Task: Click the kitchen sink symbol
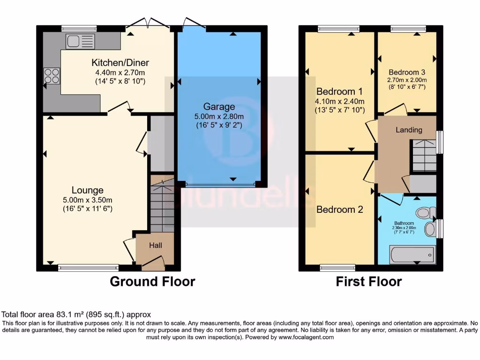(x=80, y=41)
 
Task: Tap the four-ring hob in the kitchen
(x=52, y=76)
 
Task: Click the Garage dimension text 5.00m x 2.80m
(x=219, y=117)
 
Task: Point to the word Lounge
(x=87, y=190)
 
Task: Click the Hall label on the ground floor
(x=156, y=245)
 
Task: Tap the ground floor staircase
(x=162, y=203)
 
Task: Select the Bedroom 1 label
(x=339, y=91)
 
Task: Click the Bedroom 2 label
(x=339, y=210)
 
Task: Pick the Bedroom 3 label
(x=406, y=72)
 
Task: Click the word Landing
(x=409, y=130)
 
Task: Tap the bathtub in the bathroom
(x=412, y=255)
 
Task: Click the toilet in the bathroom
(x=425, y=213)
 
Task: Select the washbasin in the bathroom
(x=430, y=229)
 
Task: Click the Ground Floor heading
(x=152, y=282)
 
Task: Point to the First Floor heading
(x=368, y=282)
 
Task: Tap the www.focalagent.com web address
(x=306, y=337)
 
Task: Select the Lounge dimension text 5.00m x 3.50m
(x=87, y=200)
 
